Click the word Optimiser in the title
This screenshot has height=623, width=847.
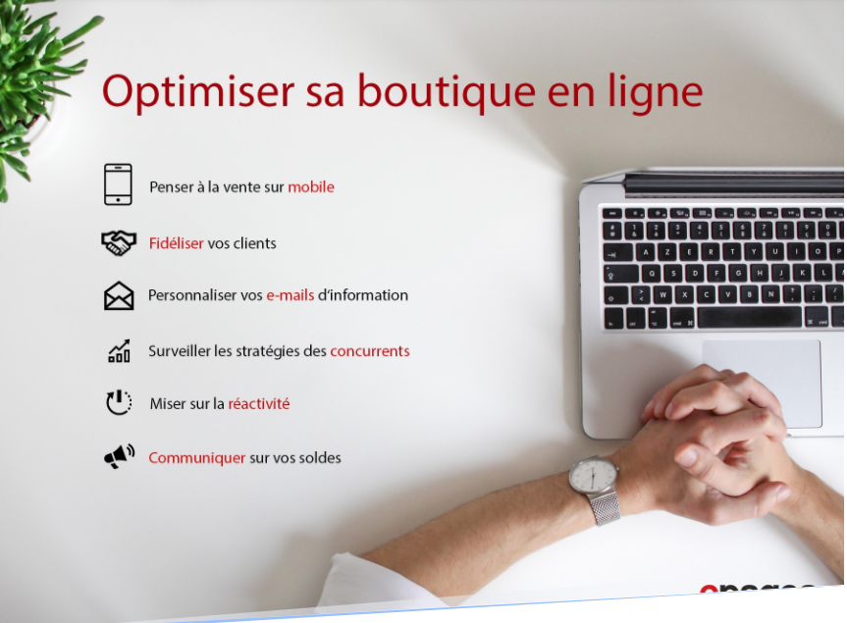pyautogui.click(x=198, y=92)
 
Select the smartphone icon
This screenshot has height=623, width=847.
pyautogui.click(x=118, y=184)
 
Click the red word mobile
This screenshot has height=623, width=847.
pyautogui.click(x=311, y=186)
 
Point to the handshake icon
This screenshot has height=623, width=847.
pyautogui.click(x=119, y=243)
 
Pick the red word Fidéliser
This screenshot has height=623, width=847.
pyautogui.click(x=176, y=243)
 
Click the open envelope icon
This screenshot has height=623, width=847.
pyautogui.click(x=119, y=295)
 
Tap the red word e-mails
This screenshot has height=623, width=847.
pyautogui.click(x=291, y=295)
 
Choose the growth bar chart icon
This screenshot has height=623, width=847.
pyautogui.click(x=120, y=351)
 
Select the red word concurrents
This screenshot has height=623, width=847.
pyautogui.click(x=370, y=351)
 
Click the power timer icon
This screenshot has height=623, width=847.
pyautogui.click(x=119, y=402)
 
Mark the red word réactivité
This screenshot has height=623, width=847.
pyautogui.click(x=259, y=404)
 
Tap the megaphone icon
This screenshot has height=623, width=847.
pyautogui.click(x=119, y=457)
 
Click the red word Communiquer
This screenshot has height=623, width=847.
pyautogui.click(x=197, y=458)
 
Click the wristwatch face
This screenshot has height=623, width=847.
pyautogui.click(x=593, y=476)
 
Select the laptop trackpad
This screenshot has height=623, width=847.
pyautogui.click(x=762, y=383)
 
